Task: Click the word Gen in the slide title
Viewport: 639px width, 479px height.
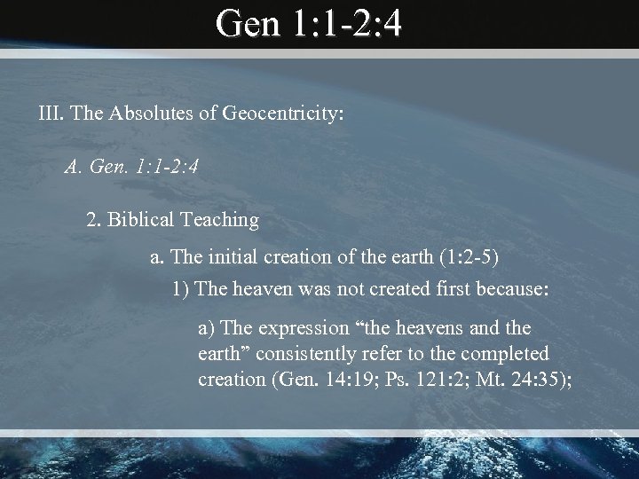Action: [248, 24]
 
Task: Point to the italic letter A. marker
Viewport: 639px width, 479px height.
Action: [74, 166]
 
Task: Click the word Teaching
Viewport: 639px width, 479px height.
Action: [223, 217]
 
